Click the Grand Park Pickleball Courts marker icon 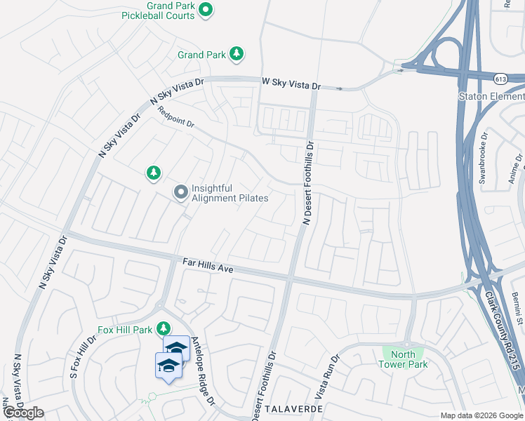coord(206,9)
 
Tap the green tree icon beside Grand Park coord(237,54)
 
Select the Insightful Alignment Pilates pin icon coord(181,192)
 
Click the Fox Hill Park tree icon coord(164,328)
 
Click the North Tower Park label coord(403,359)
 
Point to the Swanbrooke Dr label coord(484,157)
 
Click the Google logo coord(23,413)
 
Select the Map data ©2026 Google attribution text coord(482,415)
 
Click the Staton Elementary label coord(491,96)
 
